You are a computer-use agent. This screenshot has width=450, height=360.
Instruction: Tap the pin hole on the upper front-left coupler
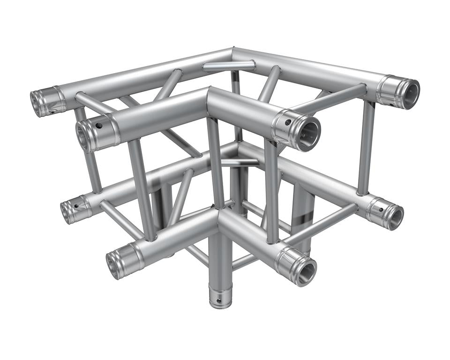click(99, 126)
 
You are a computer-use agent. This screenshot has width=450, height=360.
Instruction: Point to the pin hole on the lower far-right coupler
click(382, 210)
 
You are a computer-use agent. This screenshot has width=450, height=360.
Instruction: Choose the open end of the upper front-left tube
click(85, 135)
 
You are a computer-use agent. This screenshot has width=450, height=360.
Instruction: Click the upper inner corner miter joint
click(207, 94)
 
